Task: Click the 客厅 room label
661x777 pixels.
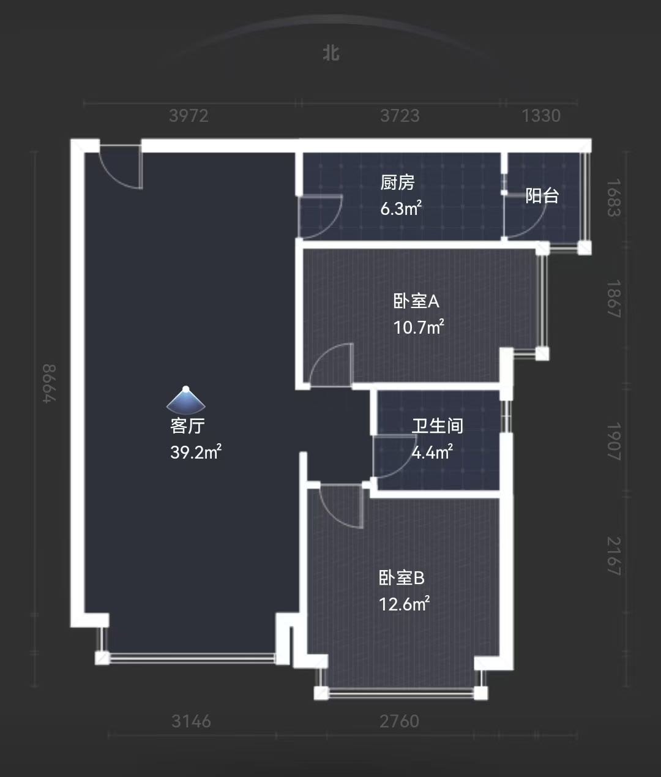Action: [187, 426]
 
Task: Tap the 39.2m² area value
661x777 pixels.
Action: [195, 452]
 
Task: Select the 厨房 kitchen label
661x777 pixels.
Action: [397, 182]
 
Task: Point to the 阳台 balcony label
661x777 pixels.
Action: [542, 196]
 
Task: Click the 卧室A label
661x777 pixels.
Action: [416, 301]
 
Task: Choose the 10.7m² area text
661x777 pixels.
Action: [418, 328]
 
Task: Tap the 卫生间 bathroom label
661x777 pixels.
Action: [437, 426]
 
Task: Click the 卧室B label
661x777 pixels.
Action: [401, 578]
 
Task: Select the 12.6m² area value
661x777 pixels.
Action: [404, 604]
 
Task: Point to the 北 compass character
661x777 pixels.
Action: [331, 53]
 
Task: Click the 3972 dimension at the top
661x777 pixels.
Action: [189, 116]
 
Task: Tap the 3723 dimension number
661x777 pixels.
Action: [400, 116]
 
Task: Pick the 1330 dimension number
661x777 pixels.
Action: [541, 116]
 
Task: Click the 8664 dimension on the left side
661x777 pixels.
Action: [49, 383]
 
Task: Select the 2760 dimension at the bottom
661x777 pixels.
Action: [399, 721]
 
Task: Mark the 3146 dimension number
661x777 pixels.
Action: [191, 721]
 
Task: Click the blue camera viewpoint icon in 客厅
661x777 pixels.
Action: [186, 399]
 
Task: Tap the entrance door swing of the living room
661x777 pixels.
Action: [121, 167]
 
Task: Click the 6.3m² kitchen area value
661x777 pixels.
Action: [400, 209]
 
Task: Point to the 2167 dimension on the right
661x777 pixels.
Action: [613, 556]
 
